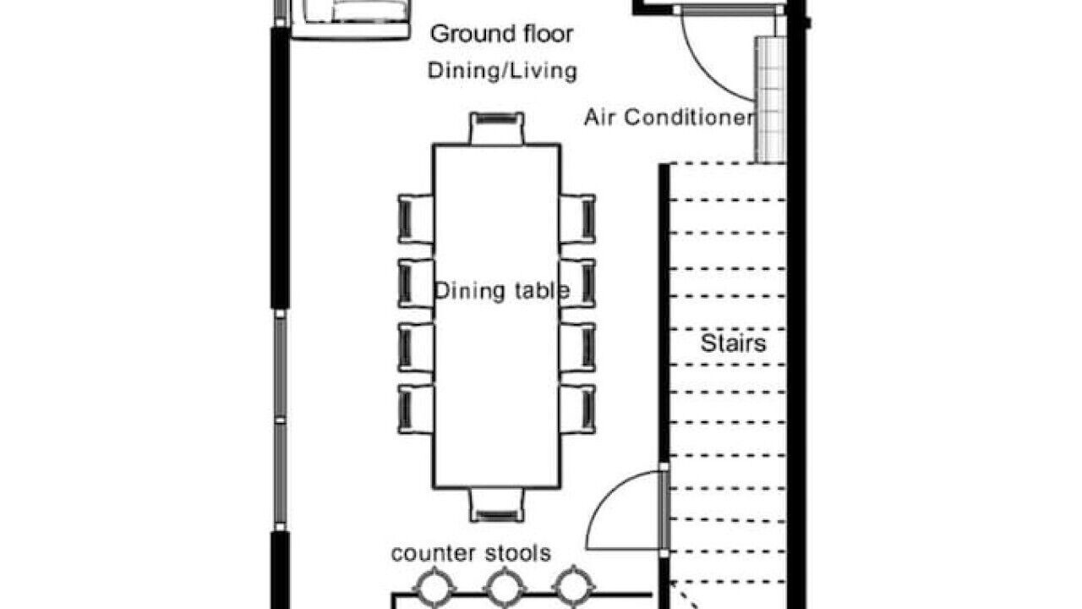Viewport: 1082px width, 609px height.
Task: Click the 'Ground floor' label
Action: point(501,35)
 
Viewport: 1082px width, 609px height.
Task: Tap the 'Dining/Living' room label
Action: point(502,70)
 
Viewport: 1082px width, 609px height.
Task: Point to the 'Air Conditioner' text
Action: point(669,118)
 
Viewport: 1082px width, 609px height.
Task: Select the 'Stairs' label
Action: point(733,343)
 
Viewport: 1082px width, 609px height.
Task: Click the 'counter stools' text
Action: point(471,553)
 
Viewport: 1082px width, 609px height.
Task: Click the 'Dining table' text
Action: point(502,290)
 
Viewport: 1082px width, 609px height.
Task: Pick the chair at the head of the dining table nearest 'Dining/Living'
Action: point(496,128)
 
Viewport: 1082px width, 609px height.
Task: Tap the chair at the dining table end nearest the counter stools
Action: point(496,505)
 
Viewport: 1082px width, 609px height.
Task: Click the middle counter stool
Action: point(505,588)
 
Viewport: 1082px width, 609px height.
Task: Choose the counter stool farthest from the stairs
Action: point(434,588)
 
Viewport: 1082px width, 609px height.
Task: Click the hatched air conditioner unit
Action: point(771,100)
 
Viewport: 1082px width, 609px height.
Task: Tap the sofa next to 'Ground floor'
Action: point(351,19)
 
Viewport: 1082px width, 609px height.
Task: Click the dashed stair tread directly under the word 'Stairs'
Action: point(728,365)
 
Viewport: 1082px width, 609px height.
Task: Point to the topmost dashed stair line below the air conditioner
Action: point(728,164)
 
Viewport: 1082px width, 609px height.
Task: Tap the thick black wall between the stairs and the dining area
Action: point(664,314)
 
